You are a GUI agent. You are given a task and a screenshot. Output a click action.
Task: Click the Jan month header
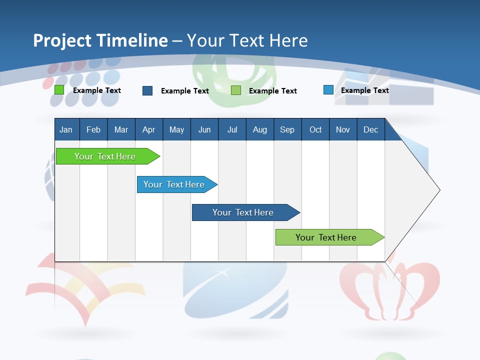(66, 129)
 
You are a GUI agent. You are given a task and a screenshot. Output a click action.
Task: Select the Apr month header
(148, 129)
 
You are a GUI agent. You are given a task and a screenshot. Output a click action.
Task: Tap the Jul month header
(232, 129)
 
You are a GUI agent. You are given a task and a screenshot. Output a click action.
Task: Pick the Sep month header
(287, 129)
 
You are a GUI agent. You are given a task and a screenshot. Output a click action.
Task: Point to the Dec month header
(370, 129)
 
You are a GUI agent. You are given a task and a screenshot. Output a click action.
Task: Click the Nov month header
(342, 129)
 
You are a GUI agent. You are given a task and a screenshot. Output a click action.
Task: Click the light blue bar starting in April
(175, 184)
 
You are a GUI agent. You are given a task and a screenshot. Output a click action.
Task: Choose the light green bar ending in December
(327, 237)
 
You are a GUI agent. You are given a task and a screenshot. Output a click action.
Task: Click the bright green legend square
(59, 90)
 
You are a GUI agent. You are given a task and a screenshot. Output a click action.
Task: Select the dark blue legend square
(147, 90)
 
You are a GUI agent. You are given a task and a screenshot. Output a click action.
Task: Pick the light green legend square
(236, 90)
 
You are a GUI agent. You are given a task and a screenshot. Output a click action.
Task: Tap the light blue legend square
(328, 90)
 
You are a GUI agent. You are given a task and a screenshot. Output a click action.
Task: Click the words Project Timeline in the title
(100, 40)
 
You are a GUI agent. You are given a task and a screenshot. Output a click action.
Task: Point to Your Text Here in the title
(247, 40)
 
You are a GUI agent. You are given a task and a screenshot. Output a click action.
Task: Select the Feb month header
(93, 129)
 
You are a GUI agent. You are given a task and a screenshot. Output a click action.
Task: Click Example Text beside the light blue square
(364, 90)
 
